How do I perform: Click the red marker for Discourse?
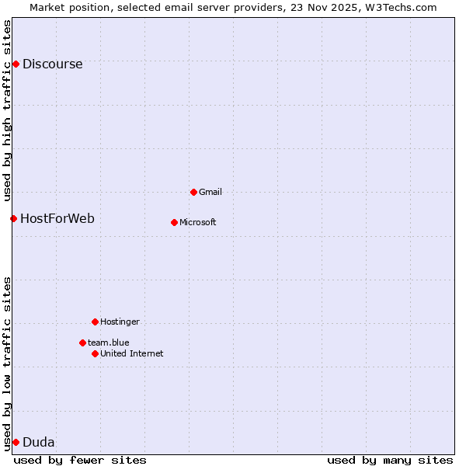tap(16, 64)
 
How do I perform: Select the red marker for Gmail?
tap(193, 192)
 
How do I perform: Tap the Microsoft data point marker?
tap(174, 222)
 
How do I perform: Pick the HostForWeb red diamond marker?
tap(13, 218)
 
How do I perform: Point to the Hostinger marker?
tap(95, 322)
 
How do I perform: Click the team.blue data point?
tap(82, 343)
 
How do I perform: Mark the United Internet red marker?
tap(95, 353)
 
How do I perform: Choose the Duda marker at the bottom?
tap(16, 442)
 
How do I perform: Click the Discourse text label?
tap(52, 64)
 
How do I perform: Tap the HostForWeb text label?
tap(57, 219)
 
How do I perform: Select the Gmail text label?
tap(210, 192)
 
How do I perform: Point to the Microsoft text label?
tap(198, 223)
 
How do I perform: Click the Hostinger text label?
tap(120, 322)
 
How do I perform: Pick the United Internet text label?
tap(132, 354)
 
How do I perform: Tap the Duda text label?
tap(39, 443)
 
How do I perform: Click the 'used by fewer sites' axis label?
tap(80, 460)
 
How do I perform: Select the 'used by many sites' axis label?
tap(390, 460)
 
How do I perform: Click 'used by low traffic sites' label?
tap(8, 363)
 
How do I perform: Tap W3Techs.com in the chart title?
tap(401, 7)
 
